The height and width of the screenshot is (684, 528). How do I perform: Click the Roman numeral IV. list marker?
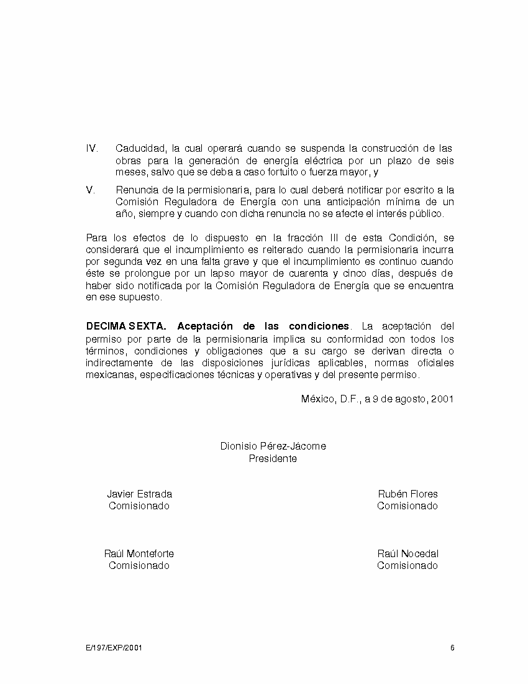92,149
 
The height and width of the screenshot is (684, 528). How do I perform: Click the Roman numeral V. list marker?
90,190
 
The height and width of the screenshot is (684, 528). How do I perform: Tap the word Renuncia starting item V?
134,190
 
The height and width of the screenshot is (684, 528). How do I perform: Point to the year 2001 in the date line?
442,399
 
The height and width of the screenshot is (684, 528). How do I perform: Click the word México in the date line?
317,399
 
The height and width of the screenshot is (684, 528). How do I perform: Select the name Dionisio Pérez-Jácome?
273,446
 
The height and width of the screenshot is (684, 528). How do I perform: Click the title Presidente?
273,459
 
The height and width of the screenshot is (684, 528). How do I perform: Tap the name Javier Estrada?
139,494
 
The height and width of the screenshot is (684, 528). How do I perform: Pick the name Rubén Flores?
407,494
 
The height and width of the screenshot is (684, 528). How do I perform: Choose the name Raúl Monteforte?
139,554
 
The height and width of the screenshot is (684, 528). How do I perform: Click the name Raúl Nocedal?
407,554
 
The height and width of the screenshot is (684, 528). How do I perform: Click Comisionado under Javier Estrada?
139,506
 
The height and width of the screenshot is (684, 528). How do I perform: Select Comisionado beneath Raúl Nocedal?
407,566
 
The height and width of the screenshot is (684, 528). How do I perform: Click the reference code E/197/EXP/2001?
114,648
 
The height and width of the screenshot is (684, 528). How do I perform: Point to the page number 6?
452,648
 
